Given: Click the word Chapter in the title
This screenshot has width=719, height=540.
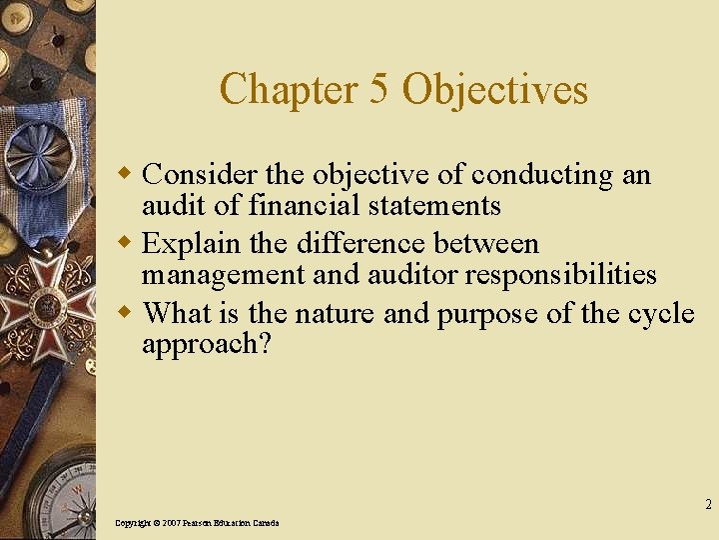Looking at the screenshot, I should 288,89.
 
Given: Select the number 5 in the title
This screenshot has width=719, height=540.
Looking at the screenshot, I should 378,89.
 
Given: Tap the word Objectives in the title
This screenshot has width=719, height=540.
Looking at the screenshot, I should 494,89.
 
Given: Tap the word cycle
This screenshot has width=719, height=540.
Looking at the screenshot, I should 660,314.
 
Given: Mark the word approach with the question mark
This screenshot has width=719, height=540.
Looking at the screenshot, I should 206,344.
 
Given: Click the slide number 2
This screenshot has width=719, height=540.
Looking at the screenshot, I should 708,504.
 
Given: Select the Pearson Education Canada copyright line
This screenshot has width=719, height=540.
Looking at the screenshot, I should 197,523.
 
